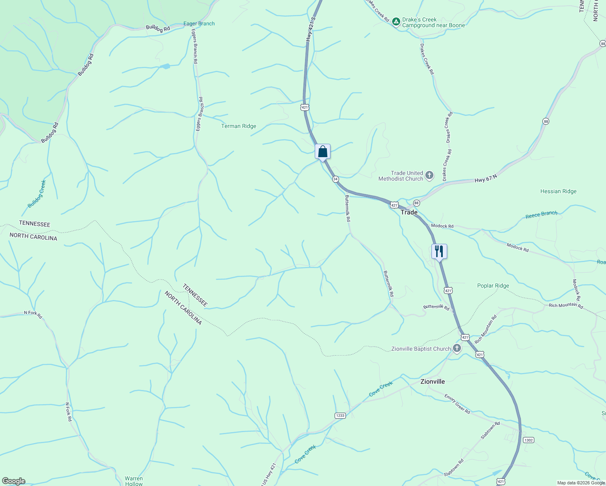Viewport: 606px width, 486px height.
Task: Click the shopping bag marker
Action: [323, 152]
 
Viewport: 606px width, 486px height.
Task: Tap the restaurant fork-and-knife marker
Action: [439, 252]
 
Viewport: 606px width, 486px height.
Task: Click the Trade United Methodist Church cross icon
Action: [429, 176]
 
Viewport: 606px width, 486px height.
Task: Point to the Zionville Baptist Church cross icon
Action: [457, 348]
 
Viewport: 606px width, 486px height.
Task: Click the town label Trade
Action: [409, 212]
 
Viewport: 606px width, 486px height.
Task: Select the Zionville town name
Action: [433, 382]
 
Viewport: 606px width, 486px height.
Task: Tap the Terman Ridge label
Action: [239, 126]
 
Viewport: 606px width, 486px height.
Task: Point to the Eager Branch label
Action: [199, 23]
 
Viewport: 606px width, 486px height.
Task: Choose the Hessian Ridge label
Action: [558, 192]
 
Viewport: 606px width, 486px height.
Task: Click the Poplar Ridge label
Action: [493, 286]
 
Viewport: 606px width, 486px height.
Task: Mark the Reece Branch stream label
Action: [541, 215]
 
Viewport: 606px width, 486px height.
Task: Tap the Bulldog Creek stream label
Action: [37, 194]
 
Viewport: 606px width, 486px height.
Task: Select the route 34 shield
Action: [335, 179]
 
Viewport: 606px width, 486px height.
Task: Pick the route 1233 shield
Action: [340, 416]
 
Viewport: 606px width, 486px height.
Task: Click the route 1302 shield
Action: [529, 440]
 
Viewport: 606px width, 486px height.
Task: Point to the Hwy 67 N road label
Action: [486, 178]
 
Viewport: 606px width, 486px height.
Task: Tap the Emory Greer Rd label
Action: [457, 404]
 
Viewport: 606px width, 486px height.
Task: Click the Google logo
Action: [14, 481]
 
